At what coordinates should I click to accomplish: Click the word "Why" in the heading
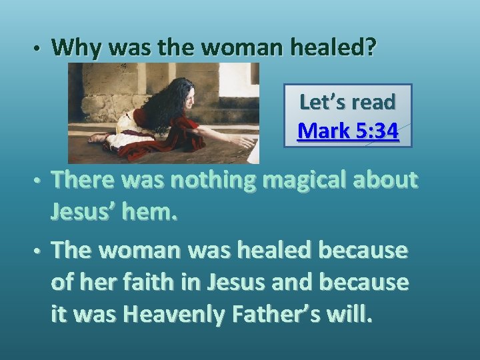(x=75, y=47)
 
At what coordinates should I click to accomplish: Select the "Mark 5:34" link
(x=348, y=131)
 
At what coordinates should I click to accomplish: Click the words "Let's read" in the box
(x=348, y=102)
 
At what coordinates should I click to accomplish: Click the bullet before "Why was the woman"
(x=39, y=49)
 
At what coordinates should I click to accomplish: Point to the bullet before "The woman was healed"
(x=39, y=251)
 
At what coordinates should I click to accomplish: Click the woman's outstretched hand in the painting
(x=246, y=141)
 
